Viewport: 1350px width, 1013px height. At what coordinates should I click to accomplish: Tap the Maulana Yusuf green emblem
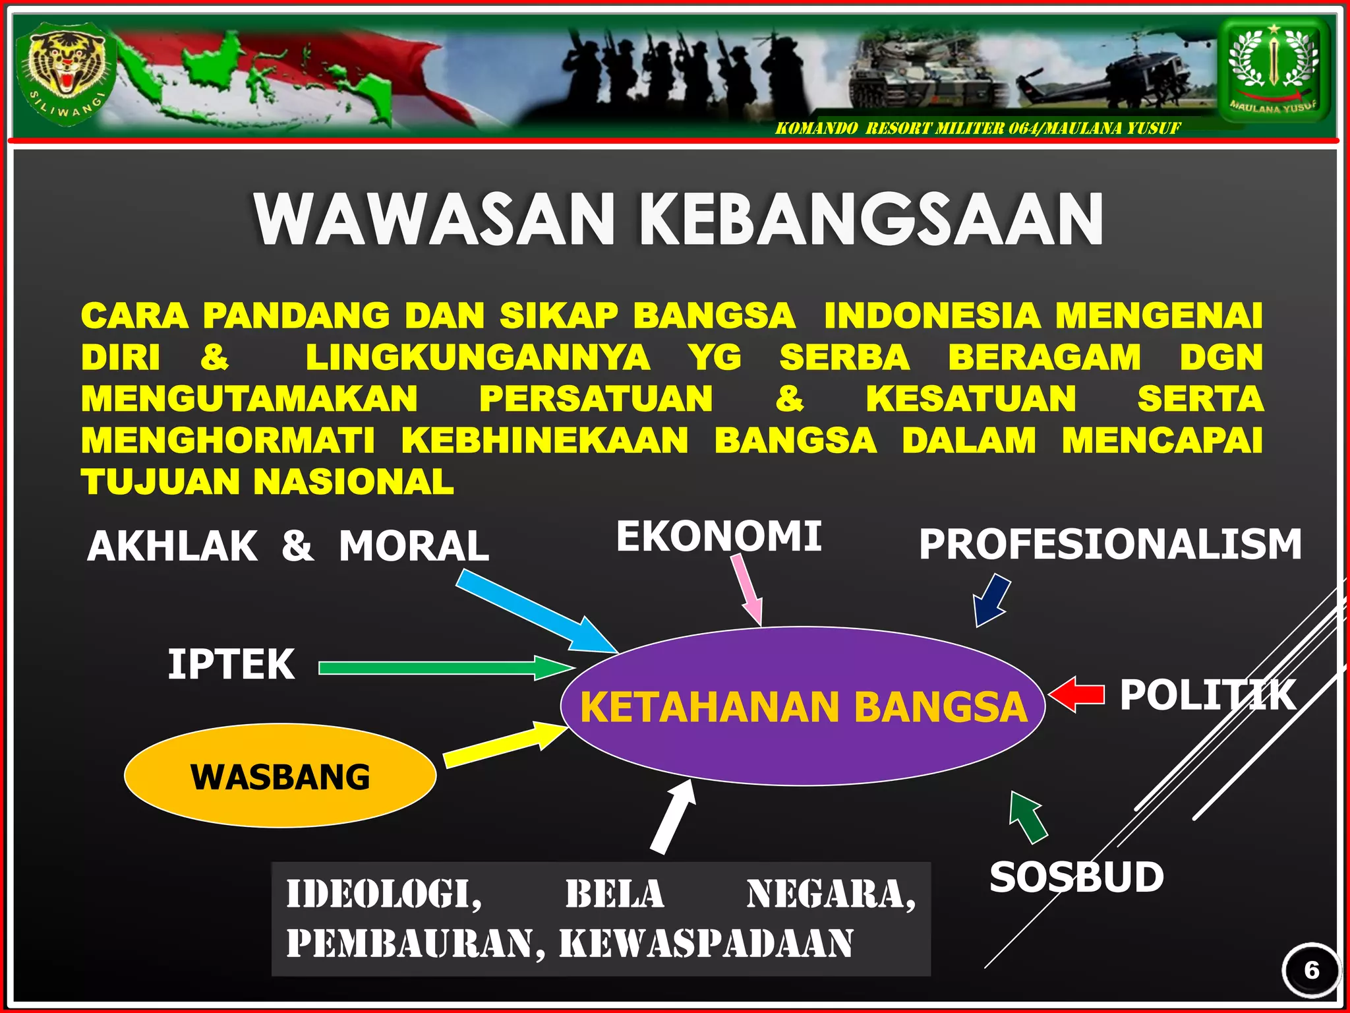[1274, 69]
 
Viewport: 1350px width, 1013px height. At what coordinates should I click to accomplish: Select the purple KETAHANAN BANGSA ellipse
[803, 706]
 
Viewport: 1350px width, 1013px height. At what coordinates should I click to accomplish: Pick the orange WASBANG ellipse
[280, 776]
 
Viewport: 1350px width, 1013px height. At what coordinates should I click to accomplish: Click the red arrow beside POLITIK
[1077, 694]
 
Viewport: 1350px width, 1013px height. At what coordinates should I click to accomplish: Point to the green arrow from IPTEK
[446, 668]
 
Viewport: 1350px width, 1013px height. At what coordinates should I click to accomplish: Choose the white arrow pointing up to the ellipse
[673, 818]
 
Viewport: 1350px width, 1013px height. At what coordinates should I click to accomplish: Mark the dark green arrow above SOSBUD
[1028, 818]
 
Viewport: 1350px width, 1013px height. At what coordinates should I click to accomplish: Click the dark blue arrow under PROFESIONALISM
[992, 600]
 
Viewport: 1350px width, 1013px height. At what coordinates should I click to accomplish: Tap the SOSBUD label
[1076, 877]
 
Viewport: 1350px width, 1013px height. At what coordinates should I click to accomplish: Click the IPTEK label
[231, 664]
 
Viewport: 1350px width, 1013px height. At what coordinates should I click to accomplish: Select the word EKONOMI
[719, 536]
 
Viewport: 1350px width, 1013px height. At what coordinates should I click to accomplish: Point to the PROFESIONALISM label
[1110, 545]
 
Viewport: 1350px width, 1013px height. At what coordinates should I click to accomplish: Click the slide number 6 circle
[1311, 970]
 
